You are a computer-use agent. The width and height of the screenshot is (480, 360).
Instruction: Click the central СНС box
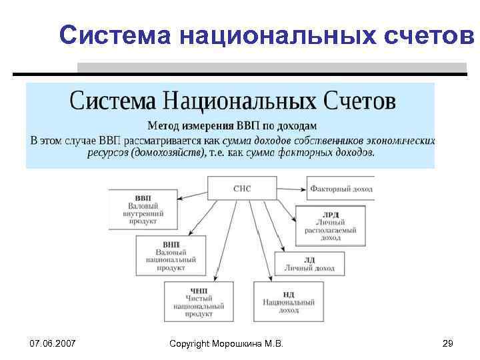tap(241, 188)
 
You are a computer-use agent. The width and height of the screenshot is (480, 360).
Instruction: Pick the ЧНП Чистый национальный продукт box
tap(199, 301)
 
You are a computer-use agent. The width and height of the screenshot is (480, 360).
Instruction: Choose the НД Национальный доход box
tap(289, 301)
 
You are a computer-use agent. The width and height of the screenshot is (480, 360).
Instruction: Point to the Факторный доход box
tap(341, 189)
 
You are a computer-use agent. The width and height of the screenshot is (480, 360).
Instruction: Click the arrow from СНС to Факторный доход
tap(292, 189)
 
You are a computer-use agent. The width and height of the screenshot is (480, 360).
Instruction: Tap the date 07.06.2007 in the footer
tap(53, 343)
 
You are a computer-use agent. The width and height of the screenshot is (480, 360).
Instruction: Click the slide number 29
tap(447, 343)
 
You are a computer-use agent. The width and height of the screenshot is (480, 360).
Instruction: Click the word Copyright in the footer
tap(189, 343)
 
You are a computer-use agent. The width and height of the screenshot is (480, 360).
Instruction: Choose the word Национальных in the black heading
tap(249, 101)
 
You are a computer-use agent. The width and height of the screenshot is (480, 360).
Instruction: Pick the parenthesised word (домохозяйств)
tap(169, 153)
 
